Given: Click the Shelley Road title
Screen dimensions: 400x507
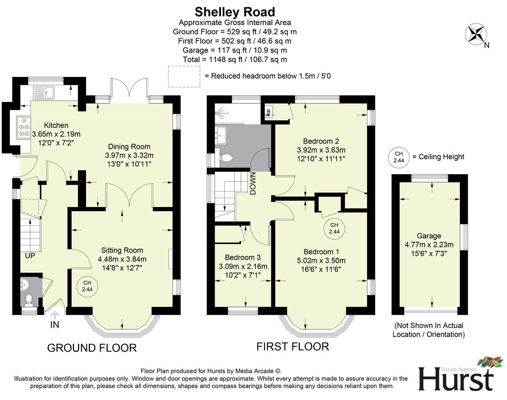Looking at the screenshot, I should (x=235, y=12).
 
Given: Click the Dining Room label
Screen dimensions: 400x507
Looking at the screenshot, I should (x=129, y=147).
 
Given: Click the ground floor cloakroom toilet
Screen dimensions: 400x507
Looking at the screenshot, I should (x=28, y=298).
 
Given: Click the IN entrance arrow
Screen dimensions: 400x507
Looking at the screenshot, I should (x=55, y=316).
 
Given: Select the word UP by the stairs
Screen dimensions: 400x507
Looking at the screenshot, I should (x=30, y=256).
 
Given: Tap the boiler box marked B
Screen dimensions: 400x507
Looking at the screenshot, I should (x=268, y=112).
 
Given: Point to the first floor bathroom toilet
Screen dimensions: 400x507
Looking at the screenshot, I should (x=226, y=158).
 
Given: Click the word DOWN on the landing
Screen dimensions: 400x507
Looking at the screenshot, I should (x=253, y=183).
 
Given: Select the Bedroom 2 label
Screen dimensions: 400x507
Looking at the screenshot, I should (x=321, y=141).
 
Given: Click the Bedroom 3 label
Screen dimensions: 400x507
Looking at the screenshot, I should (x=243, y=257).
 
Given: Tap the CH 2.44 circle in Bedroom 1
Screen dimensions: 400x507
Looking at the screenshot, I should (x=334, y=228).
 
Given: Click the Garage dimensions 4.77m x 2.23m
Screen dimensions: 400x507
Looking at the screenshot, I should (x=429, y=245).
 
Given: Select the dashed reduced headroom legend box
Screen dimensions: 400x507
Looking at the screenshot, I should (x=184, y=77).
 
